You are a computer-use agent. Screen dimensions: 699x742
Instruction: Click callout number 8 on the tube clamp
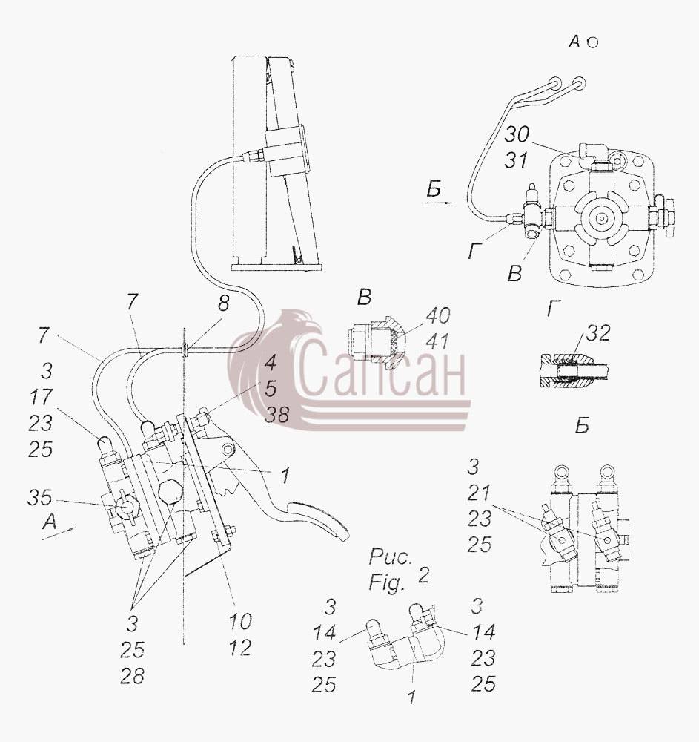click(223, 303)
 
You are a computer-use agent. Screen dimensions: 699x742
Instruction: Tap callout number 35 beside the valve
click(39, 497)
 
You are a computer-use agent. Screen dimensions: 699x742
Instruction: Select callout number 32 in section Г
click(598, 333)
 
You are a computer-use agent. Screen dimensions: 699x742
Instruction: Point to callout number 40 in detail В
click(437, 315)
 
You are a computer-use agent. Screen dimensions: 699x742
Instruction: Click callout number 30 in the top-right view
click(517, 135)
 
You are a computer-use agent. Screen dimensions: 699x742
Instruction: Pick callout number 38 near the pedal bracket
click(276, 415)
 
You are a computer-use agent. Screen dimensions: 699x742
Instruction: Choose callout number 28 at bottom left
click(133, 676)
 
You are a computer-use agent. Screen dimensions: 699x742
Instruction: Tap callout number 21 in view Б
click(479, 493)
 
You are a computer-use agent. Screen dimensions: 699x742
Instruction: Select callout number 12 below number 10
click(240, 647)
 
